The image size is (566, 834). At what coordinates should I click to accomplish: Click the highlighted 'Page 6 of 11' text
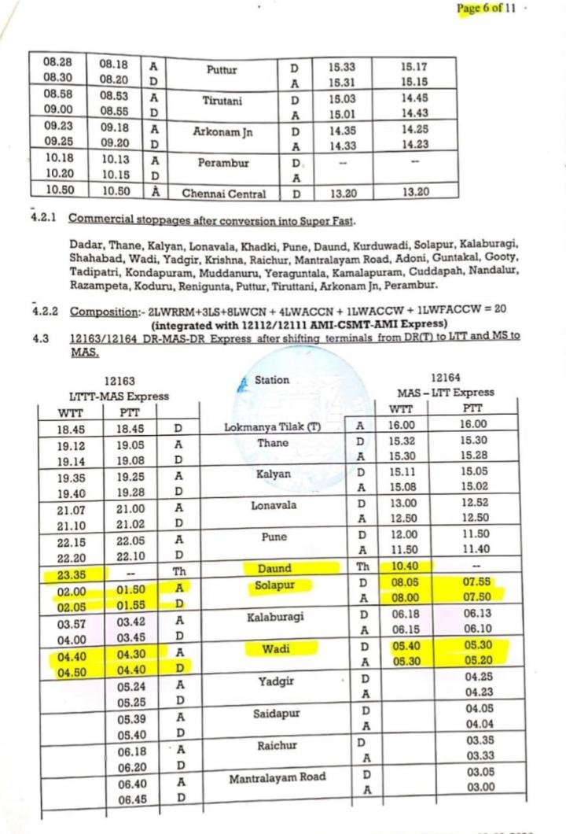click(486, 9)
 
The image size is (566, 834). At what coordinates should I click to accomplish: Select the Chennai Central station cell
click(224, 193)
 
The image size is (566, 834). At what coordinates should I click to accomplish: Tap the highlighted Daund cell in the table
click(274, 568)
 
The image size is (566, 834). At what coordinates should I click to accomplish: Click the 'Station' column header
click(272, 380)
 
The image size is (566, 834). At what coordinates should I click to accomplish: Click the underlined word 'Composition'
click(98, 311)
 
